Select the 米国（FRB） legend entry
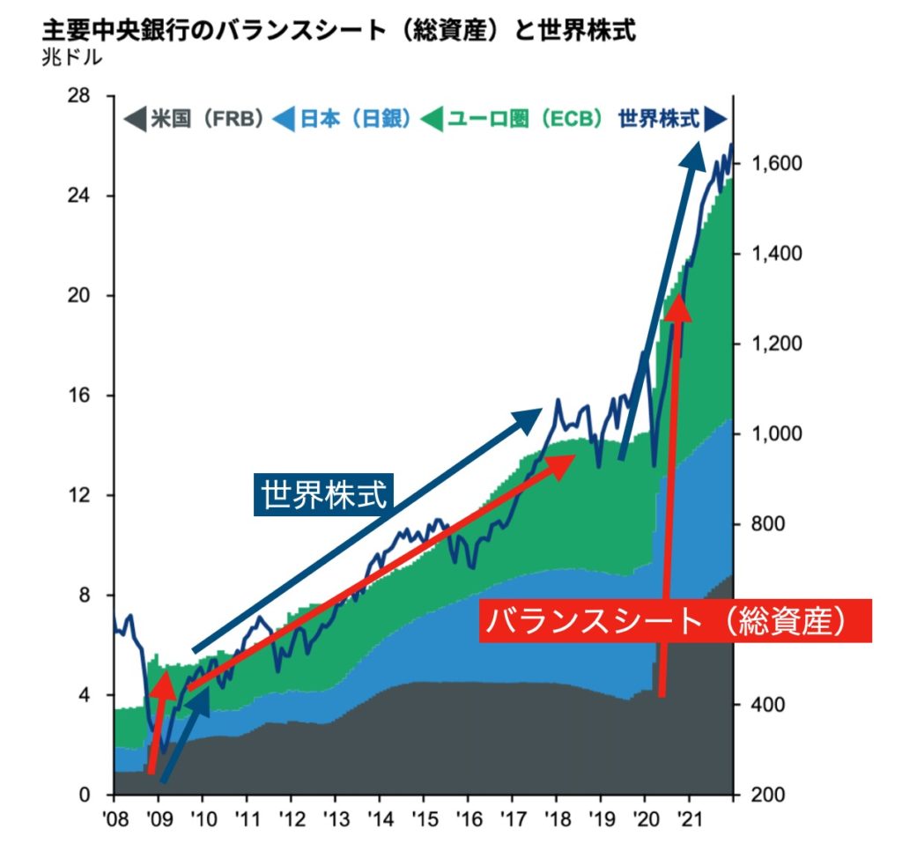coord(195,118)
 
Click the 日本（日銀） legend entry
coord(344,118)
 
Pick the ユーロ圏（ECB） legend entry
coord(514,118)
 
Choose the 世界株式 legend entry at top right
coord(670,118)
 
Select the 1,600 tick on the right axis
coord(773,164)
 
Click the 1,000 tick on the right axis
coord(773,434)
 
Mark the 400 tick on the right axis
coord(766,705)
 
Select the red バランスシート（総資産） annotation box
coord(675,620)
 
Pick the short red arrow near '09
coord(157,722)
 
